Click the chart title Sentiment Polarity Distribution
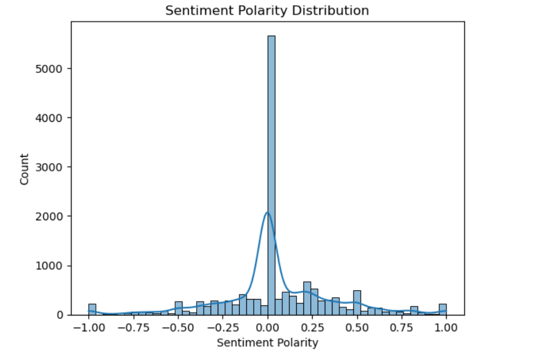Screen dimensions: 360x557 [267, 11]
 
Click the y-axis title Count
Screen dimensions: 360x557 [25, 169]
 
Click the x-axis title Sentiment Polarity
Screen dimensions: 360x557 [267, 343]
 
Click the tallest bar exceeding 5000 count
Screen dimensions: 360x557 [271, 178]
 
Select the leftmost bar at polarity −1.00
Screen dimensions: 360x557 [92, 309]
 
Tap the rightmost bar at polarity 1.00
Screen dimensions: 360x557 [443, 309]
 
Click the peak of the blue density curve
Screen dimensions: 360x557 [267, 213]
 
